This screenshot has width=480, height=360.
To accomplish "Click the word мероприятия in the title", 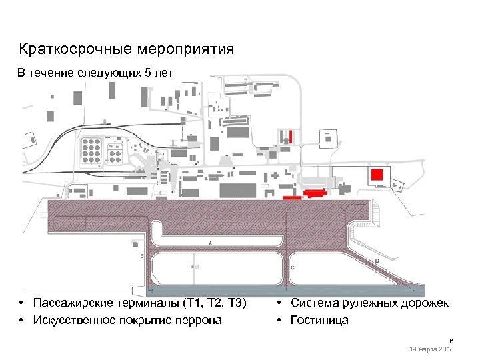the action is coord(186,50).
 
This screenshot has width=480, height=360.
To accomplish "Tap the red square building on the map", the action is coord(377,174).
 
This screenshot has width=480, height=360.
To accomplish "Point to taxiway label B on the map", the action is coord(141,256).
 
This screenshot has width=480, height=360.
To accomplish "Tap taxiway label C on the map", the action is coord(294,267).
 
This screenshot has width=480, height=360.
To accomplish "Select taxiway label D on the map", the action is coord(377,260).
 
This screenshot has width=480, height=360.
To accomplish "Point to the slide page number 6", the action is coord(451,340).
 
